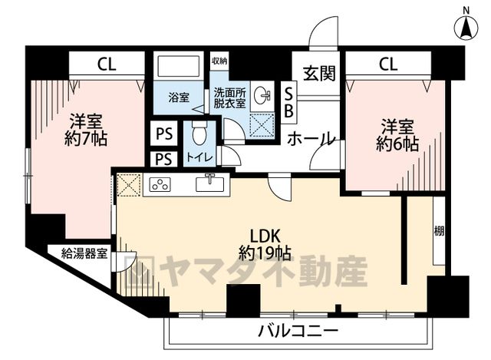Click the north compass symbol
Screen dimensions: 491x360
coord(466,28)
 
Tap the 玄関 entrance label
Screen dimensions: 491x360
coord(319,73)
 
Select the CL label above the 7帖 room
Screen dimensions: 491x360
coord(107,64)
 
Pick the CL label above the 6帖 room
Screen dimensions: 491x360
coord(388,64)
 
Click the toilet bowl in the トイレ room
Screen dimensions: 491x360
coord(199,133)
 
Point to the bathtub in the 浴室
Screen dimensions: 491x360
coord(179,66)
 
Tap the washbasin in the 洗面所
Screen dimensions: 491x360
coord(262,95)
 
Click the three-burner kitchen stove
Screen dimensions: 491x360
coord(160,184)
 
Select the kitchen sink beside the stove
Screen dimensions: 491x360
coord(209,183)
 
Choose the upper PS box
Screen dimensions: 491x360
coord(164,134)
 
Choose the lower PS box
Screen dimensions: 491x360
coord(163,159)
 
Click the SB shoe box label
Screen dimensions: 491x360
coord(288,102)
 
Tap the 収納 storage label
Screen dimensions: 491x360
coord(219,61)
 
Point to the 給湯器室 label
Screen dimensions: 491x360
coord(84,253)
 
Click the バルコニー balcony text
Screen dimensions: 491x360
coord(298,330)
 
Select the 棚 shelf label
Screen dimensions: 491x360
coord(439,232)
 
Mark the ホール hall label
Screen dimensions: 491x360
coord(311,139)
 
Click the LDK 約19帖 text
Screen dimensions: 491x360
coord(265,244)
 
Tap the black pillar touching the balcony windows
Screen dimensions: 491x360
coord(243,301)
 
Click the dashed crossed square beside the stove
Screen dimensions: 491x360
coord(129,185)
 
